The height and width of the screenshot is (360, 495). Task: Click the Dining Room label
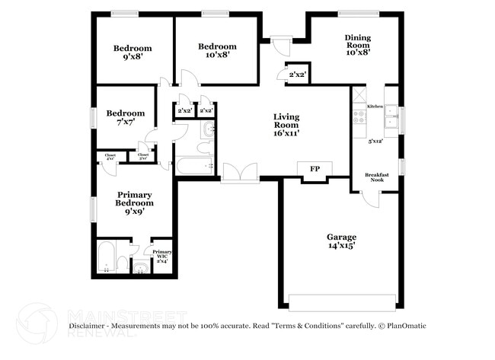pos(357,45)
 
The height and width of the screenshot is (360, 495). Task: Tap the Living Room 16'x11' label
pos(286,125)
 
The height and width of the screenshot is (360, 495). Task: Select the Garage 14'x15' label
pos(341,242)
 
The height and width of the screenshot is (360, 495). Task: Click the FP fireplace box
pos(314,170)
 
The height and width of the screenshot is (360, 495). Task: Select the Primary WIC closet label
pos(161,256)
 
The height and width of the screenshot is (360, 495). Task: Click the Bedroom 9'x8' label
pos(133,52)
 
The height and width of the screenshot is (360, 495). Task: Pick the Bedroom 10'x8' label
pos(217,50)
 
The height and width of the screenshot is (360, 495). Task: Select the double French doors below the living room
pos(240,174)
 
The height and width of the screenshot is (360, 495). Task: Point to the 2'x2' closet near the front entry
pos(297,74)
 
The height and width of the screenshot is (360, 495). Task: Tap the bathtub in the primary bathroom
pos(106,257)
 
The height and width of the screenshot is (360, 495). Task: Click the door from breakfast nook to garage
pos(370,197)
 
